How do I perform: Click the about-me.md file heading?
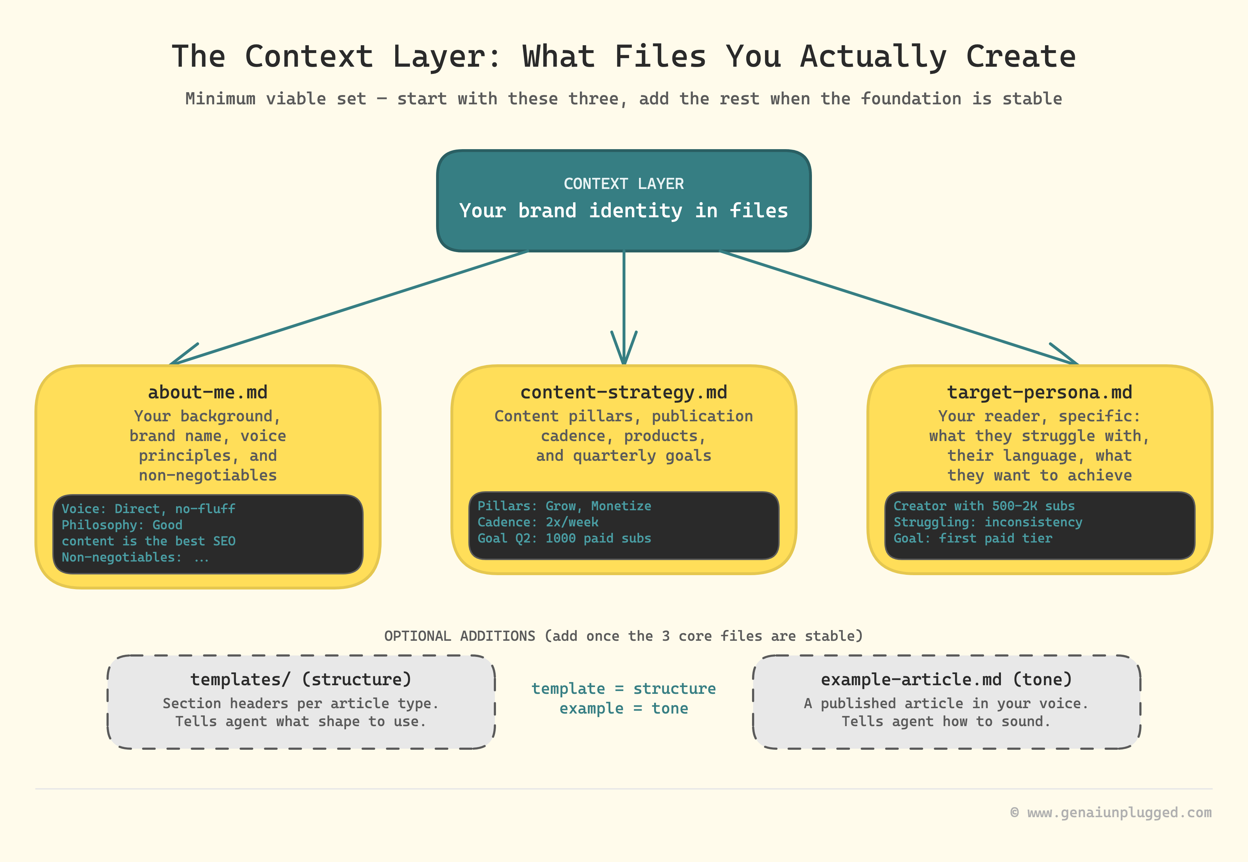click(x=208, y=392)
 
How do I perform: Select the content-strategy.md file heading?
click(x=624, y=393)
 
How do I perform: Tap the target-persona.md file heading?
click(x=1040, y=393)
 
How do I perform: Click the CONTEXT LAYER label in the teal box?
click(x=624, y=184)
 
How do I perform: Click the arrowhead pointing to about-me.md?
click(x=184, y=354)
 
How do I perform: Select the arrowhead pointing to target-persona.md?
click(x=1064, y=354)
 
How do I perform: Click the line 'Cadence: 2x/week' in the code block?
click(x=538, y=522)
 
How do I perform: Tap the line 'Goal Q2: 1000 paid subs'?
click(x=564, y=539)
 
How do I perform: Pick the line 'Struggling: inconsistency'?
click(x=988, y=522)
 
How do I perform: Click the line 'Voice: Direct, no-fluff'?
click(x=148, y=509)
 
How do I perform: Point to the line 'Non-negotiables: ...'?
click(x=135, y=557)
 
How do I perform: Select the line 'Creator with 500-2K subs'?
click(x=984, y=506)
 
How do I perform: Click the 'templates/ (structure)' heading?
click(x=301, y=679)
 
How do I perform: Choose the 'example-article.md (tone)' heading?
click(x=947, y=679)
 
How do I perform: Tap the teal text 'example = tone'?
click(x=624, y=708)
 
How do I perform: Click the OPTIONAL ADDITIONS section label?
click(x=624, y=636)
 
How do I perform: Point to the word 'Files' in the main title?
click(x=661, y=56)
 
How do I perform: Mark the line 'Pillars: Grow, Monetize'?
click(x=564, y=506)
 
